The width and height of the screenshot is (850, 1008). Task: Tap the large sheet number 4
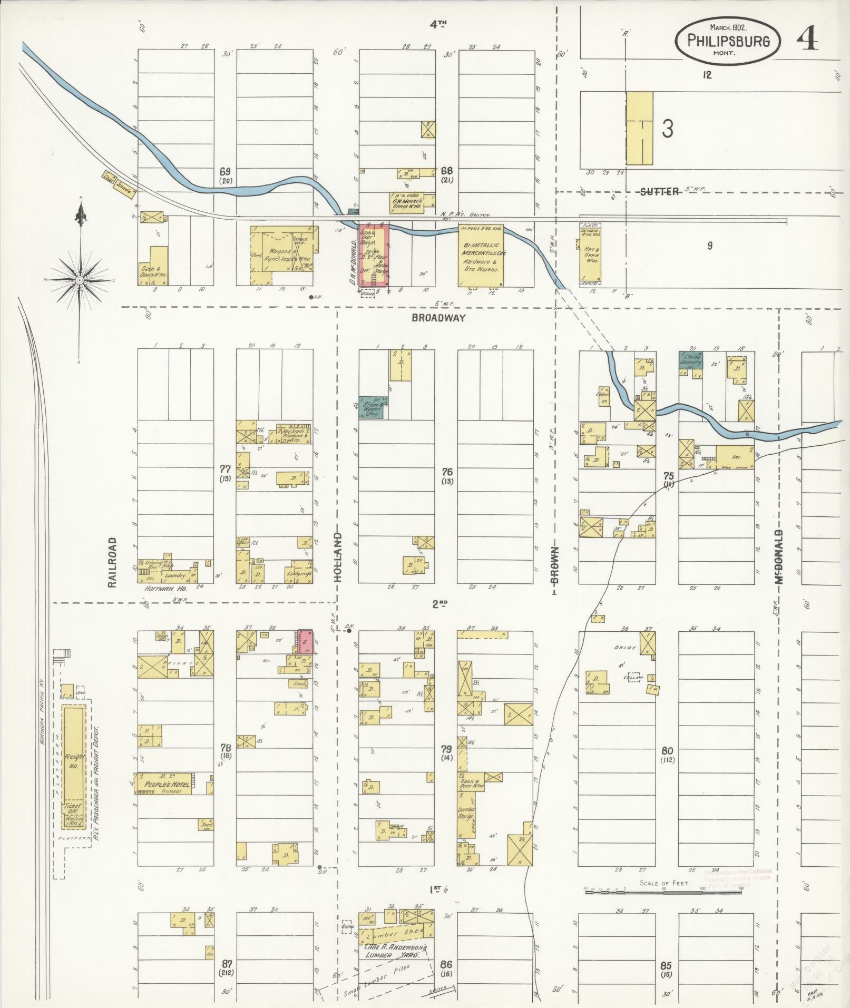[807, 38]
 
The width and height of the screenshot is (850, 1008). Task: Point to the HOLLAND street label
[338, 557]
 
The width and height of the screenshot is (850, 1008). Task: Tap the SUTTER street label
[660, 192]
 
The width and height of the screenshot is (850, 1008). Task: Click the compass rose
[79, 279]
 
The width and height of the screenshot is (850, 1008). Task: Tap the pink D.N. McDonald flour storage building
[374, 255]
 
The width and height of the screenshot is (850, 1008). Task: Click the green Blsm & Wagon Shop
[372, 408]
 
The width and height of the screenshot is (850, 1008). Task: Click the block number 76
[447, 472]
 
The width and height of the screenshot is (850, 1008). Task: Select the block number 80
[667, 750]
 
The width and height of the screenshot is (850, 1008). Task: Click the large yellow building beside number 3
[639, 128]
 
